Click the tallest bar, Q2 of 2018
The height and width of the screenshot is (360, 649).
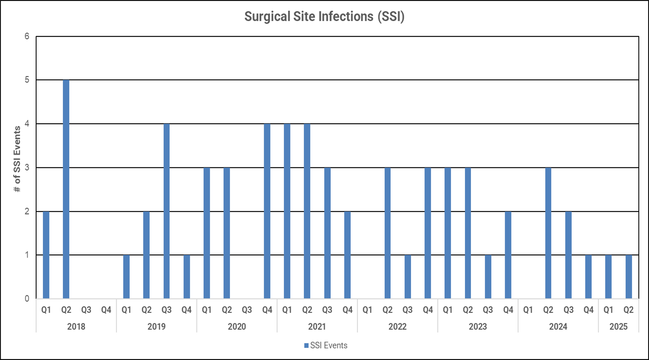(x=66, y=189)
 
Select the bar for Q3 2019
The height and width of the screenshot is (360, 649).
(x=166, y=211)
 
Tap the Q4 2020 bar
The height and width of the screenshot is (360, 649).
(x=267, y=211)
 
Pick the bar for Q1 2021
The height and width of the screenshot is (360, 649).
(x=287, y=211)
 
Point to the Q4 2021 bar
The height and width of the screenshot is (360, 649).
(x=347, y=255)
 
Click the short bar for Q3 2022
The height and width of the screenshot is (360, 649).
(x=407, y=277)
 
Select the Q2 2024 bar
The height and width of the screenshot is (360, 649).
(x=548, y=233)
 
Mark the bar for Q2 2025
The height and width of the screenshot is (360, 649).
(x=629, y=277)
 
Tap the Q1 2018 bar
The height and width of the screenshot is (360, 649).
(x=46, y=255)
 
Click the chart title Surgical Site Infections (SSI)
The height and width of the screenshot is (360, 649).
(x=324, y=16)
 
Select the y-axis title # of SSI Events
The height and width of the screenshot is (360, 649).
(x=17, y=159)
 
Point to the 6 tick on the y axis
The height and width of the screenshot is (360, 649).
(x=27, y=36)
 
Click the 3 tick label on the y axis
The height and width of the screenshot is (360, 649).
(x=27, y=168)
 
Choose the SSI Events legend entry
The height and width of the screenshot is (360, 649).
(x=326, y=345)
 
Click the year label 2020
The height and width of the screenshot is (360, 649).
(x=237, y=327)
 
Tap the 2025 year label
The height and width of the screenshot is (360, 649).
(x=618, y=327)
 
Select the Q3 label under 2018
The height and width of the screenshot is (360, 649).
(x=86, y=310)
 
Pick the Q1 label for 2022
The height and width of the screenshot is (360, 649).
(x=367, y=310)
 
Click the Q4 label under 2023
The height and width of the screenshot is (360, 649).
(x=508, y=310)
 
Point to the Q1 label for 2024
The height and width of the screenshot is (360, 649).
(x=528, y=310)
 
